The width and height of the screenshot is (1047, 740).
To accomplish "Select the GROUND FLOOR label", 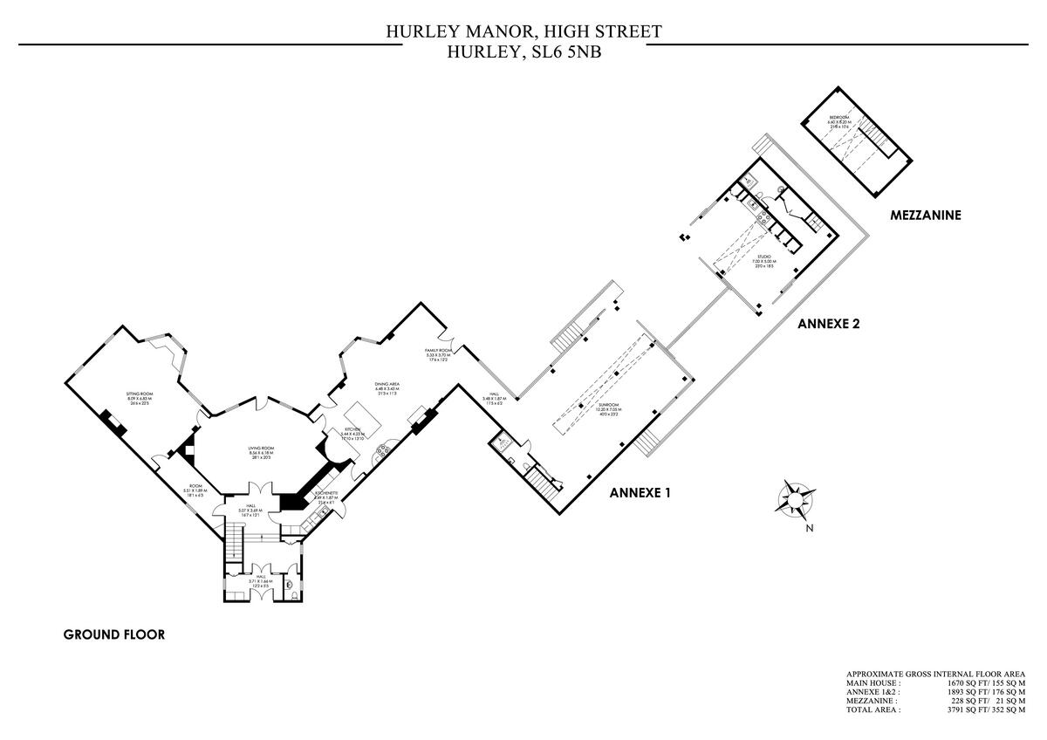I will coord(113,634).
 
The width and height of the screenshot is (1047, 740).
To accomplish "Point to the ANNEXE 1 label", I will coord(640,492).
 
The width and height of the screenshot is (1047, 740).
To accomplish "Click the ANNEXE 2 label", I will coord(829,323).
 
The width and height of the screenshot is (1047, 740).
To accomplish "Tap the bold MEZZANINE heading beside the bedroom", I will coord(925,215).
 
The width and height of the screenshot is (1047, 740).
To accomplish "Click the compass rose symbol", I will coord(795,499).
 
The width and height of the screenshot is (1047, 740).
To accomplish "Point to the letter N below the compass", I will coord(810,528).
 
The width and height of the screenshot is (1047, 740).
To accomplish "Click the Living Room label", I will coord(261,449).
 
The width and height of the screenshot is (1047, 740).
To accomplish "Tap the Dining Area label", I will coord(387,384).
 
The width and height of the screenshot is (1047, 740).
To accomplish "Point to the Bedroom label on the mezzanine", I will coord(839,117).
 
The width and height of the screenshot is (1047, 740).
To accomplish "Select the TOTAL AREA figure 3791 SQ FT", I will coord(968,710).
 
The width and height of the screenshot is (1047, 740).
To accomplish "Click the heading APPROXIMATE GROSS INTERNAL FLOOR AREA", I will coord(935,675).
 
